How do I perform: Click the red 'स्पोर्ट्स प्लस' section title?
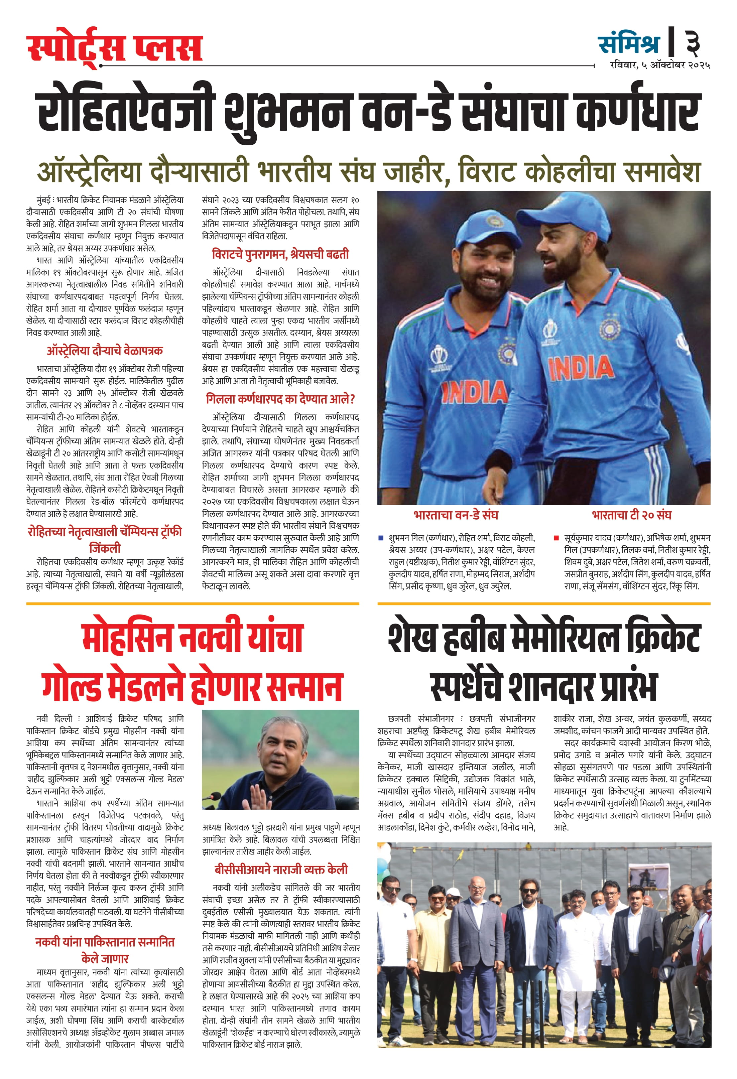(115, 48)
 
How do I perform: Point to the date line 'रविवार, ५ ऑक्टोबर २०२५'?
(659, 65)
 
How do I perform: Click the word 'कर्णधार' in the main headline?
(636, 111)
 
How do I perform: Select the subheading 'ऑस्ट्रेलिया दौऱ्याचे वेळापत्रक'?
(105, 351)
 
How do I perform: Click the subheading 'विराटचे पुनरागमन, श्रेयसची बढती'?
(280, 254)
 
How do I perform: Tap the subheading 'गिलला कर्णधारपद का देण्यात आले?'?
(280, 399)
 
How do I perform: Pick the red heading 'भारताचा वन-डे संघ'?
(456, 515)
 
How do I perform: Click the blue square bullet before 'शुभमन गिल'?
(381, 538)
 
